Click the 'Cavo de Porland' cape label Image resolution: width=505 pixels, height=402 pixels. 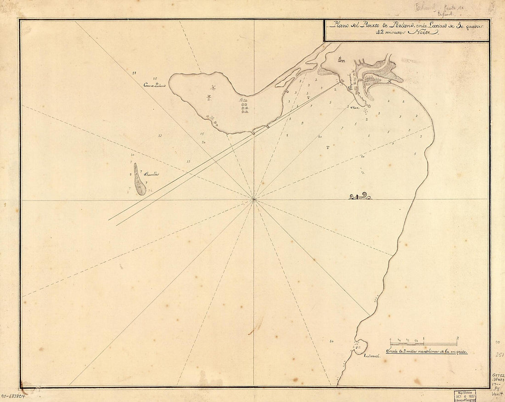tap(154, 85)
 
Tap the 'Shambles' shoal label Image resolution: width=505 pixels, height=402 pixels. tap(151, 175)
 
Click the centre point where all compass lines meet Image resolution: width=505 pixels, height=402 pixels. tap(253, 199)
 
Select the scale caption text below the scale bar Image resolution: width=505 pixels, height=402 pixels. tap(426, 352)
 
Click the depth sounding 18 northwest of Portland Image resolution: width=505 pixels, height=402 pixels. tap(134, 73)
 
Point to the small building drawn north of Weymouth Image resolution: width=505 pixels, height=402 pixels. tap(340, 58)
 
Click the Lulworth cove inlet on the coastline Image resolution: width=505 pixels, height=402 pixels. tap(359, 346)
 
